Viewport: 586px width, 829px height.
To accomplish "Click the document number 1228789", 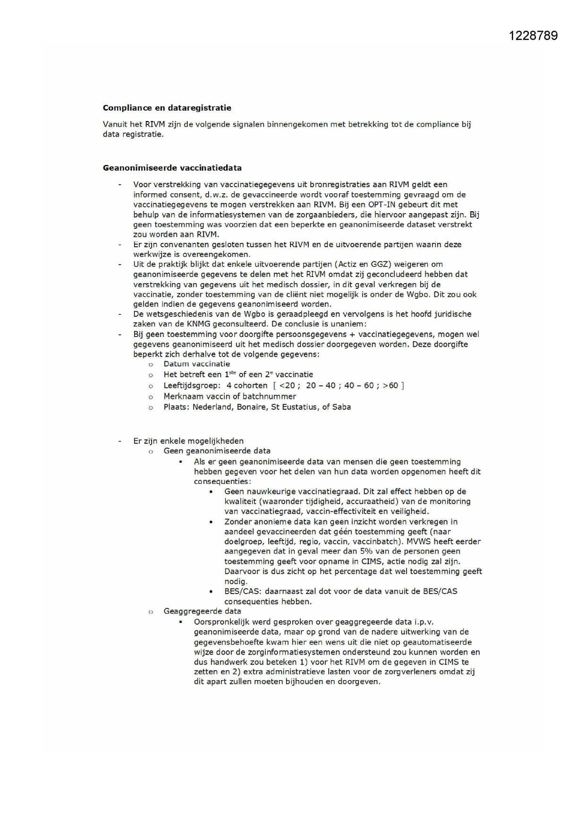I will coord(533,36).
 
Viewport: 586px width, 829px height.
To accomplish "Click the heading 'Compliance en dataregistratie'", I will coord(167,108).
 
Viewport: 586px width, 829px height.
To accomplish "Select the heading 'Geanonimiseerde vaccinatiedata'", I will coord(172,168).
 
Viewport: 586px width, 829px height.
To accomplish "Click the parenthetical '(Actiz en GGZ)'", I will coord(361,264).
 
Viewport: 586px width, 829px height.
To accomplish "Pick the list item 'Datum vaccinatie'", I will coord(196,364).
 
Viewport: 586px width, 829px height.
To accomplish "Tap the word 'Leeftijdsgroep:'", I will coord(192,385).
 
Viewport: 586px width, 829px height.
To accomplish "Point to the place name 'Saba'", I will coord(341,407).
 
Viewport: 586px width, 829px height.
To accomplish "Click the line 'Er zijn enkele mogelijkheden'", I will coord(188,441).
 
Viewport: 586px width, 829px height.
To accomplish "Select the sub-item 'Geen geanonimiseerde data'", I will coord(217,451).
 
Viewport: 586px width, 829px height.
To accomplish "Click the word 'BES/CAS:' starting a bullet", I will coord(242,591).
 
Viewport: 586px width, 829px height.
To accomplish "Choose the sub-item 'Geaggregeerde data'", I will coord(202,611).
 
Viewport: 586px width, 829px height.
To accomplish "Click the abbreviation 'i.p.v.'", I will coord(424,622).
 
